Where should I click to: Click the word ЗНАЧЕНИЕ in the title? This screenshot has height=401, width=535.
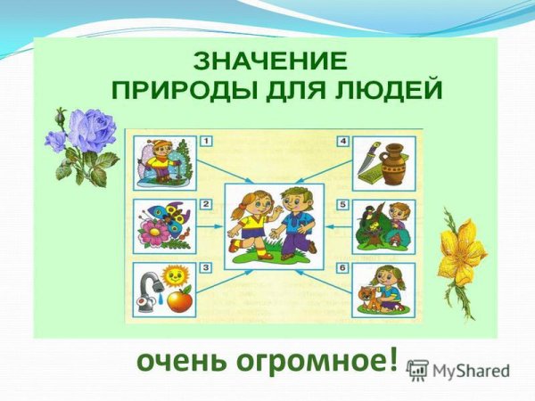(268, 62)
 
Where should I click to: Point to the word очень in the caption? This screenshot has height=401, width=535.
(176, 364)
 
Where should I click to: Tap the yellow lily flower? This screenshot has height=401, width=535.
(464, 253)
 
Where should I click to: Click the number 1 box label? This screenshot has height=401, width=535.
(205, 141)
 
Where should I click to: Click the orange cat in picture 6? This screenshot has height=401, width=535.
(367, 298)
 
